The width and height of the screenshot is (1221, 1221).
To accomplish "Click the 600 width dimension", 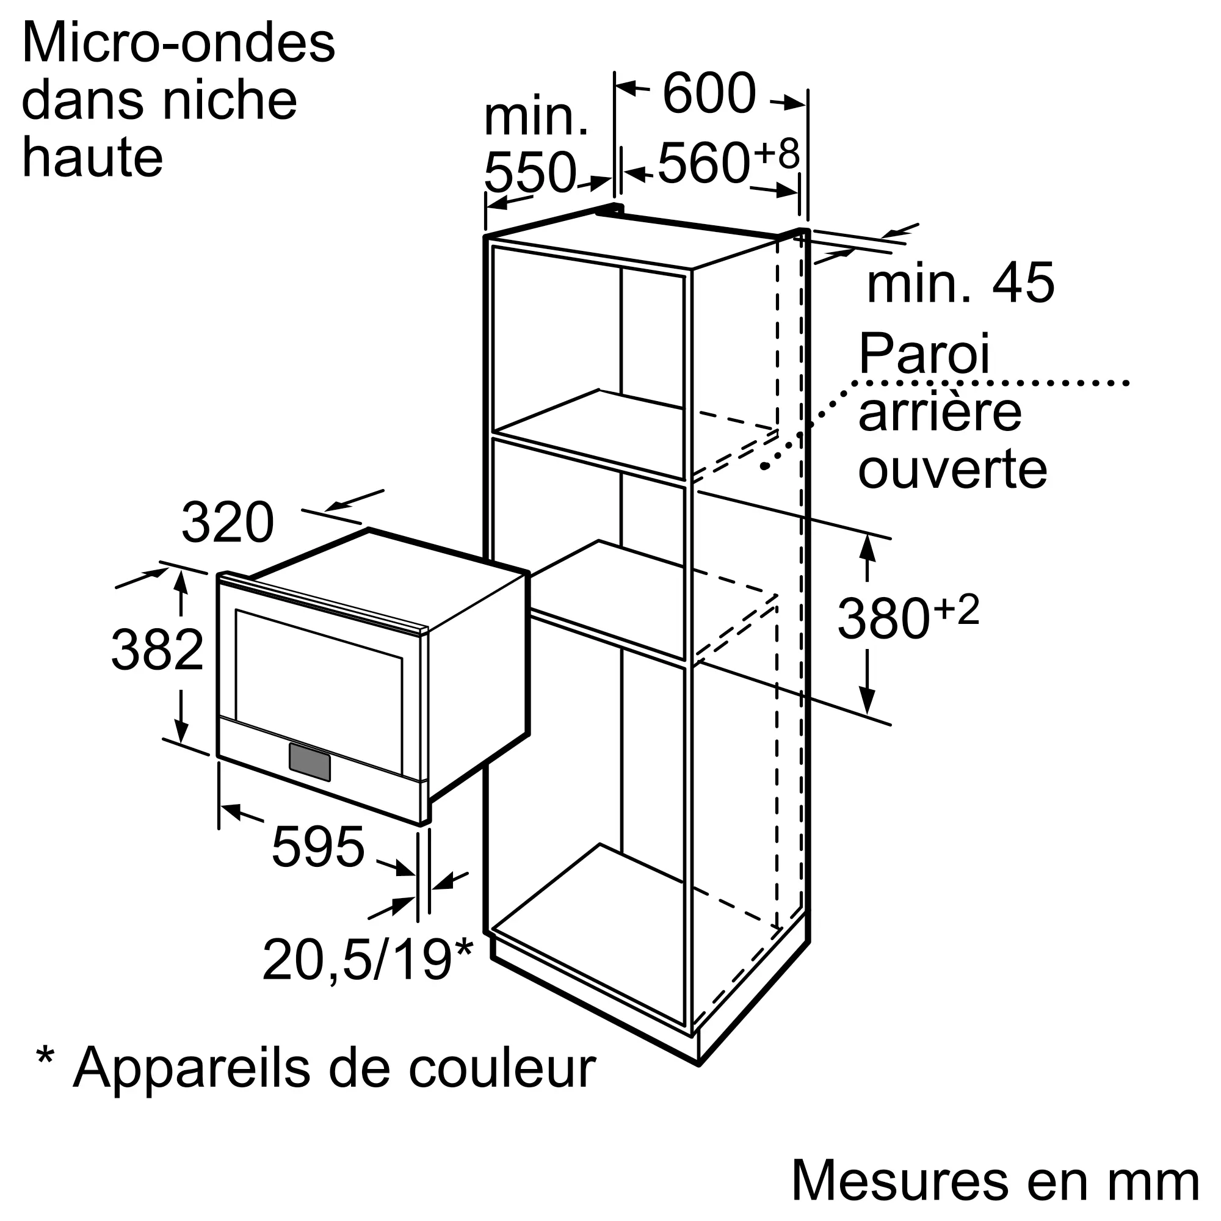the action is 709,93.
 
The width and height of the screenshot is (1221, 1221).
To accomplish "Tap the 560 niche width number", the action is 703,164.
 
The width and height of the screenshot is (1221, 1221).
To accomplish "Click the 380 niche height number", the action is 883,619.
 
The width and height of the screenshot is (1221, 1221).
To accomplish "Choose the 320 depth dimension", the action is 228,523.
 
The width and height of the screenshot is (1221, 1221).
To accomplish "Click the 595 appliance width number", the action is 318,847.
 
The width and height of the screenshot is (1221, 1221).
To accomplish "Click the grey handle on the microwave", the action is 310,762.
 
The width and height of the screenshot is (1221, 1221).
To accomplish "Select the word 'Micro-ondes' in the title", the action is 178,43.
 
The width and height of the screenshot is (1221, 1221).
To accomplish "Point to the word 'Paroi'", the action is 924,355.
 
